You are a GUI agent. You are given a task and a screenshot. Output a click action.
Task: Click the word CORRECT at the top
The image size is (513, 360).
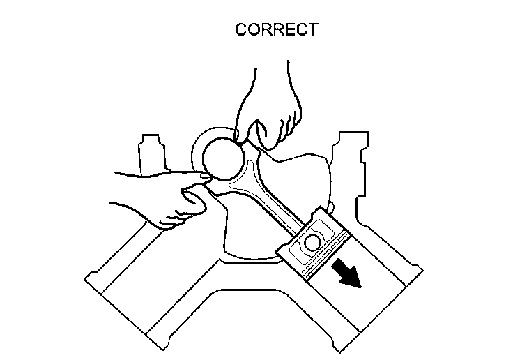point(277,30)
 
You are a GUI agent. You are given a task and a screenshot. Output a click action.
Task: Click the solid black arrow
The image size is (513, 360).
point(347,271)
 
